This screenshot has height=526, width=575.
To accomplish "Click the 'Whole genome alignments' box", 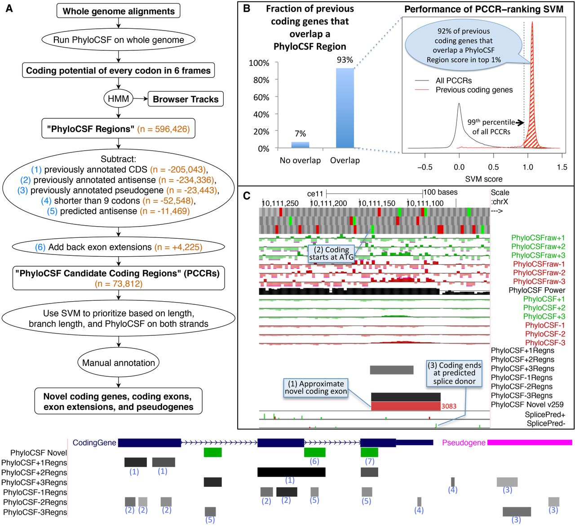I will pos(119,11).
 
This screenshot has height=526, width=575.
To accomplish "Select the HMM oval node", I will pos(119,99).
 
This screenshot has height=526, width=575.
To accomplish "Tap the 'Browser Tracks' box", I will pos(186,99).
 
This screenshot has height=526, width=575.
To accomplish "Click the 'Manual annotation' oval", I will pos(119,363).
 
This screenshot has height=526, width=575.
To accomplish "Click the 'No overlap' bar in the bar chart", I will pos(300,145).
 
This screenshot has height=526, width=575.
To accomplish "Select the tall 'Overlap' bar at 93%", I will pos(345,108).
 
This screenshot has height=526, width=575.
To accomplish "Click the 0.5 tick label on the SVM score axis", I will pos(493,167).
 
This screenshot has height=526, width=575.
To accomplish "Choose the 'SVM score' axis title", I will pos(484,179).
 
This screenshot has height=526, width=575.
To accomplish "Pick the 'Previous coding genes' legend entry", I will pos(474,90).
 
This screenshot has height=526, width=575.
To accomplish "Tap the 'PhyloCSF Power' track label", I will pos(537,290).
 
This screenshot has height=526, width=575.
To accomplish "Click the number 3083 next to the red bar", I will pos(448,406).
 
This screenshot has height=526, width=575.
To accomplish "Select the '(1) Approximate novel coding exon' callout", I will pos(316,388).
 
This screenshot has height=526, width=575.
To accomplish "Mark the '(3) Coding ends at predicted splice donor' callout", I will pos(454,373).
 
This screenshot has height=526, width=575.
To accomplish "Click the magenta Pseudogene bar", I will pos(530,442).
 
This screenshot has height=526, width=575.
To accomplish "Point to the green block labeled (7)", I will pos(369,452).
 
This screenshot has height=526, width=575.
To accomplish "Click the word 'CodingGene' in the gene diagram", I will pos(94,443).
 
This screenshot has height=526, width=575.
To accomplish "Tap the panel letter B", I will pos(247,8).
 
